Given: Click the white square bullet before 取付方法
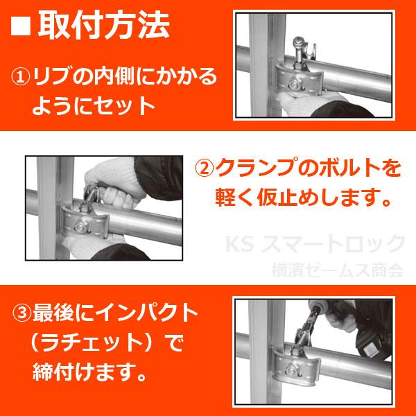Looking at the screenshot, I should [x=21, y=28].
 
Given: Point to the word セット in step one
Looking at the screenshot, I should [x=125, y=106].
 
